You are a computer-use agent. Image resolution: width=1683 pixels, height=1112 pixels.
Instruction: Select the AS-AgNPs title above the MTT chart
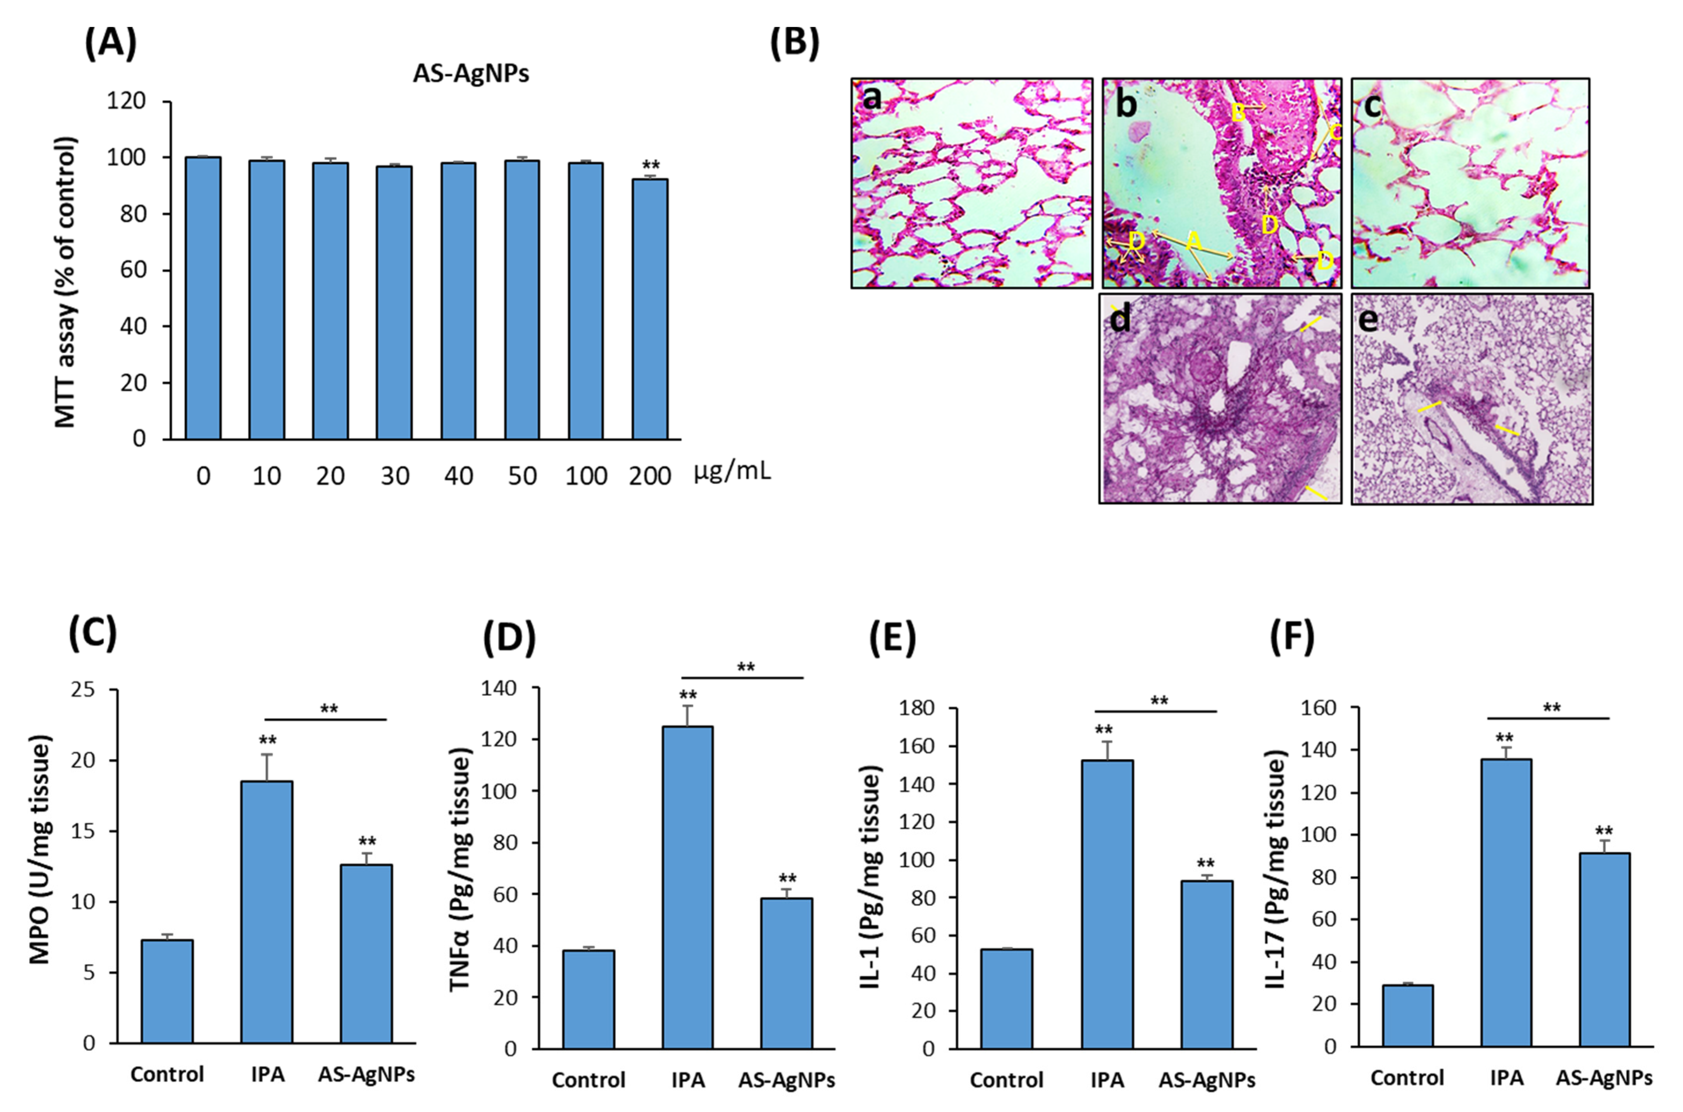pyautogui.click(x=471, y=74)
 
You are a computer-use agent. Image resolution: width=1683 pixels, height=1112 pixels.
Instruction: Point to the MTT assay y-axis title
pyautogui.click(x=65, y=282)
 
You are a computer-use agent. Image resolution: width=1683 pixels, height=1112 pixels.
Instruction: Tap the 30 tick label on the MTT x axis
pyautogui.click(x=394, y=476)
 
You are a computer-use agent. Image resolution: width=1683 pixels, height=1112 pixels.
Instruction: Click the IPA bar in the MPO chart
pyautogui.click(x=267, y=912)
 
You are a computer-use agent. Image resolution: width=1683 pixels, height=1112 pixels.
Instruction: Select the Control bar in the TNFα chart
pyautogui.click(x=589, y=999)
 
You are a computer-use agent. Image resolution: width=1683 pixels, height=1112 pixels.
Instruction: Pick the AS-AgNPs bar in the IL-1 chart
pyautogui.click(x=1206, y=964)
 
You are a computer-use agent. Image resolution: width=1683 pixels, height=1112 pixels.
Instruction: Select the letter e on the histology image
pyautogui.click(x=1368, y=320)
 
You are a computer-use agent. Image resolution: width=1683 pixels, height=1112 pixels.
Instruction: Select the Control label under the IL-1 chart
pyautogui.click(x=1006, y=1080)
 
